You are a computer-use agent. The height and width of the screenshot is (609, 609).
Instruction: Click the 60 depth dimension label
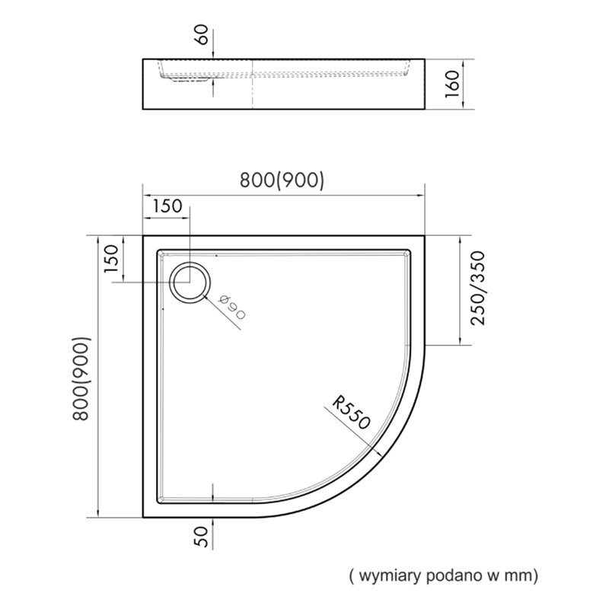pos(203,34)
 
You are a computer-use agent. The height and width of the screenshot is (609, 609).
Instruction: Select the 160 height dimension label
pos(452,84)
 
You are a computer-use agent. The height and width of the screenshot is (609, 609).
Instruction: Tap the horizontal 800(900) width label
pos(282,180)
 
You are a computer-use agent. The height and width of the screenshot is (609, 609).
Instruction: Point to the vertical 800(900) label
pos(81,378)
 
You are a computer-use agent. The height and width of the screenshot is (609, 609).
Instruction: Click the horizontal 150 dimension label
pos(167,206)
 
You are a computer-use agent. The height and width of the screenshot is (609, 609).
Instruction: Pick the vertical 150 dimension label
pos(110,258)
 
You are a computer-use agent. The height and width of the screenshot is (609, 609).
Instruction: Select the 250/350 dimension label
pos(478,289)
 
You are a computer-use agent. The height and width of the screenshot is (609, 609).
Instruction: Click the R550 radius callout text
pos(352,413)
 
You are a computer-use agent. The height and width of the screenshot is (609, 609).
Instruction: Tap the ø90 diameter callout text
pos(232,308)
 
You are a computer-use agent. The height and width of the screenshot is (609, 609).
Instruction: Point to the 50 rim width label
pos(203,537)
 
